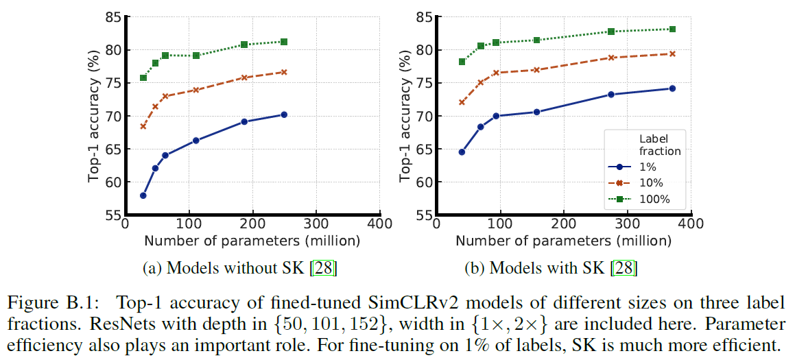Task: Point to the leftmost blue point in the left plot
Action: (143, 195)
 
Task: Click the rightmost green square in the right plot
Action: (672, 29)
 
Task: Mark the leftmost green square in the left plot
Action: (143, 77)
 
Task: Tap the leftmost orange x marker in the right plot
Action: (462, 102)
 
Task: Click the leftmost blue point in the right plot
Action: (462, 152)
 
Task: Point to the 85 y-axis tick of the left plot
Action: (111, 16)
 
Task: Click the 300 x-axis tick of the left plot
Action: (316, 224)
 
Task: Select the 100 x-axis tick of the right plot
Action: (499, 224)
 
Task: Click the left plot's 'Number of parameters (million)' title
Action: (252, 241)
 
